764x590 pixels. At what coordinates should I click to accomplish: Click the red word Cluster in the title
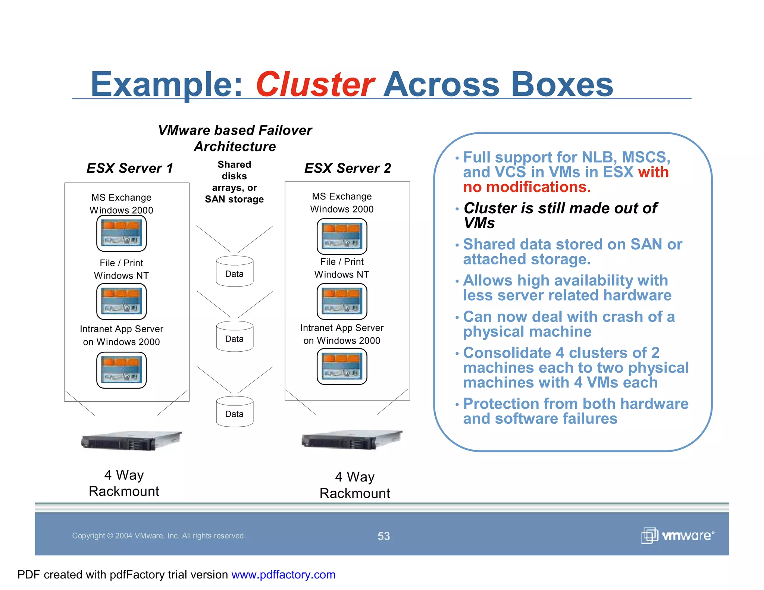[315, 84]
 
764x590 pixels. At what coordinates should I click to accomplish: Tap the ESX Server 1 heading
[130, 168]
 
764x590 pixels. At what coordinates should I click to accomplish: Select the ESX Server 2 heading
[347, 168]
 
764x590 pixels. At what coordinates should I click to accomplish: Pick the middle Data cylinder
[235, 336]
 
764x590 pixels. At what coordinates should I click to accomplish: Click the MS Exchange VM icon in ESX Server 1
[121, 233]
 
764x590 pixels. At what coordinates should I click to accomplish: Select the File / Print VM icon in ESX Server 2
[342, 301]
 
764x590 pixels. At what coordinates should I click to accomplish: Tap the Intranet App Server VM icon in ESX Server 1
[121, 370]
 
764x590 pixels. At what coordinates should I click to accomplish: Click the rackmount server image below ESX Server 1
[131, 441]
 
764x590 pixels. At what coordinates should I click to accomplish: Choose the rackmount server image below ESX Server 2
[352, 440]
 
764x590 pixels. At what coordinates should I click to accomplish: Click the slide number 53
[383, 536]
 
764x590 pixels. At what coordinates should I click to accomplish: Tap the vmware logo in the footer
[677, 536]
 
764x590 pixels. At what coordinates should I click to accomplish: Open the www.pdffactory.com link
[283, 574]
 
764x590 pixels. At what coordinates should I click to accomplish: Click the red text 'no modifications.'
[527, 187]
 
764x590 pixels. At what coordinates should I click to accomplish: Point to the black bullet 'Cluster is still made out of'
[560, 208]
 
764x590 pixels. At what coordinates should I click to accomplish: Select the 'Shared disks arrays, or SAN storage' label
[234, 182]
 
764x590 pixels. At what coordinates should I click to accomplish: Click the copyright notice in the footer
[159, 536]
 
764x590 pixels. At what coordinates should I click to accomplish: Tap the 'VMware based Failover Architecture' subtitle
[235, 138]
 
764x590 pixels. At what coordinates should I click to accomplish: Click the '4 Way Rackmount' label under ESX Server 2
[355, 485]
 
